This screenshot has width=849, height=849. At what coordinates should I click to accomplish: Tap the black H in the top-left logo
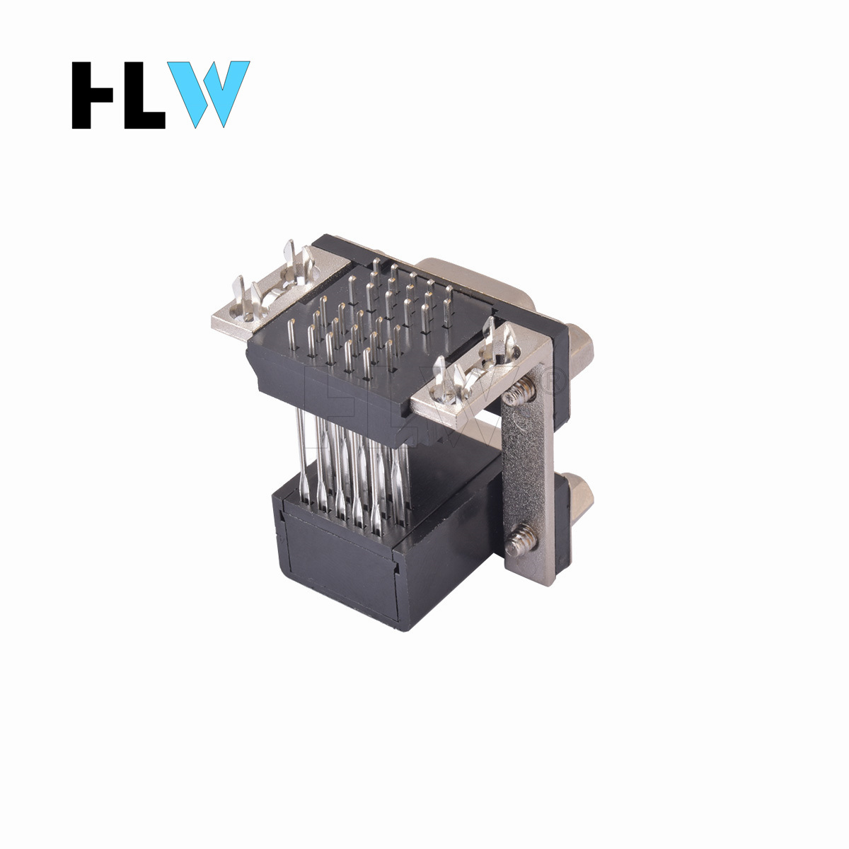pyautogui.click(x=92, y=95)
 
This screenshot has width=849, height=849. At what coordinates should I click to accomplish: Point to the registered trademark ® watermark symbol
pyautogui.click(x=553, y=383)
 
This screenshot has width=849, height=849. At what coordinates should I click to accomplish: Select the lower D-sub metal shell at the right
pyautogui.click(x=579, y=496)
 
